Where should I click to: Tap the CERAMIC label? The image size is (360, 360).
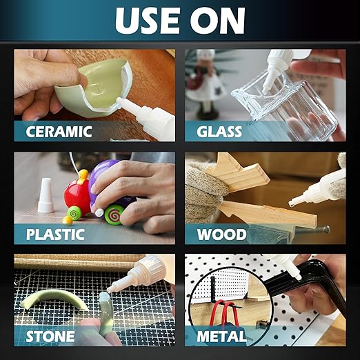[x=60, y=131]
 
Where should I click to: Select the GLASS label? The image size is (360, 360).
[x=221, y=131]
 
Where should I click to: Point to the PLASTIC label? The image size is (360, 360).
[x=55, y=233]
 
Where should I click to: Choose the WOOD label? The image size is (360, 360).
[x=221, y=233]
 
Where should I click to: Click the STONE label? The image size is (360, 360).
[x=50, y=337]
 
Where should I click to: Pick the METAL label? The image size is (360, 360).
[x=221, y=337]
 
